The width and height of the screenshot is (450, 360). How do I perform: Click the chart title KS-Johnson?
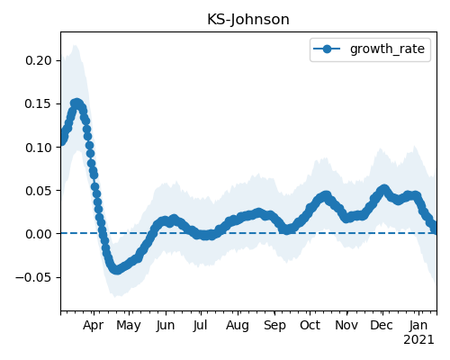[248, 20]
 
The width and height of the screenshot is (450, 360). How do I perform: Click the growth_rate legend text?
[387, 49]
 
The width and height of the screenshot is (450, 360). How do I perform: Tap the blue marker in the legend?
[327, 49]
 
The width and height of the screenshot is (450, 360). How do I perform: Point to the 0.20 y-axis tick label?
[39, 60]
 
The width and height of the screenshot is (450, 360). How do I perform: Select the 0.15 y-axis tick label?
[39, 103]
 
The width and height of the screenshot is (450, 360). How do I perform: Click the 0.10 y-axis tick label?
[39, 148]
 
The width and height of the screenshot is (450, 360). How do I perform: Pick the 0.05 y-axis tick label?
[39, 191]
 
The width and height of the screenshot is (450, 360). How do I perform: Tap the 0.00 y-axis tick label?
[39, 234]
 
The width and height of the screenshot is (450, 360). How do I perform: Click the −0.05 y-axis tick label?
[34, 277]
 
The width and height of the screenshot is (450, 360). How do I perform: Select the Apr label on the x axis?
[94, 326]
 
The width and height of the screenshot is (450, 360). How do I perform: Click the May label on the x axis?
[129, 326]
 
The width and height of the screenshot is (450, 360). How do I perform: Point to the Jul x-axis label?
[200, 325]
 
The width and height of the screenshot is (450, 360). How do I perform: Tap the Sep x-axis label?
[274, 326]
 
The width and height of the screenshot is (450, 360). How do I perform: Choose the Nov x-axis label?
[346, 325]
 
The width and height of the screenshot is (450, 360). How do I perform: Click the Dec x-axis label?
[382, 325]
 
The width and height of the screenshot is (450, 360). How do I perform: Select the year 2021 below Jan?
[418, 340]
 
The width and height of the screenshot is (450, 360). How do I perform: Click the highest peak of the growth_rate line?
[76, 103]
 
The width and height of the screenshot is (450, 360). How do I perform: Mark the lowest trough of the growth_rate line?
[117, 269]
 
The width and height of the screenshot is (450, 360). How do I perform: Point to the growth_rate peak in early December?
[384, 190]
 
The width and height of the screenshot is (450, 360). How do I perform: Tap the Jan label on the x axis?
[418, 325]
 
